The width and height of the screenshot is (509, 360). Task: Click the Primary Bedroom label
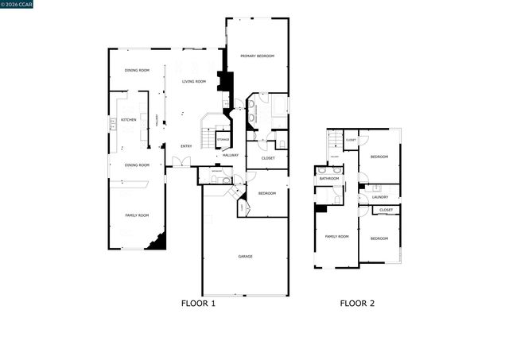[x=258, y=56]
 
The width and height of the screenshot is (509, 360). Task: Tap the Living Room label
[x=194, y=82]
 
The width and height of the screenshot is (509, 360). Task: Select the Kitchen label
[x=128, y=120]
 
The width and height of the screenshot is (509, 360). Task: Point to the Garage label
[x=246, y=256]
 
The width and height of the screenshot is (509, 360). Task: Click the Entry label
[x=186, y=145]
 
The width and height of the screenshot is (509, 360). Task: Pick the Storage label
[x=223, y=140]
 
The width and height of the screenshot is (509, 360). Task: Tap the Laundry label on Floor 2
[x=379, y=196]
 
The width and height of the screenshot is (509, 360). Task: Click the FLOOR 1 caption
[x=198, y=303]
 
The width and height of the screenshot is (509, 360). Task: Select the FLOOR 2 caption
[x=357, y=303]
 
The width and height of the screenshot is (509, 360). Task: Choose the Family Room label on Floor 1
[x=137, y=215]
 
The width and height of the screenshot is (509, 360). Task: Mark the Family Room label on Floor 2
[x=337, y=237]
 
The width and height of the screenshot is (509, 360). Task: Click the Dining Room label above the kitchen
[x=137, y=71]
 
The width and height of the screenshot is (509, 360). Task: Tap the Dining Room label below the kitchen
[x=137, y=165]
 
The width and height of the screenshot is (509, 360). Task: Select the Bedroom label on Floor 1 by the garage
[x=267, y=194]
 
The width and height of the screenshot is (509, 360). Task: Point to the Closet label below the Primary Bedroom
[x=268, y=158]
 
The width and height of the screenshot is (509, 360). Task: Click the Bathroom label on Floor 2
[x=329, y=179]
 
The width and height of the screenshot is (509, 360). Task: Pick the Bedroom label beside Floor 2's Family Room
[x=379, y=238]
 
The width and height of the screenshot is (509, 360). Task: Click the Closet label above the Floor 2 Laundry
[x=386, y=210]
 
